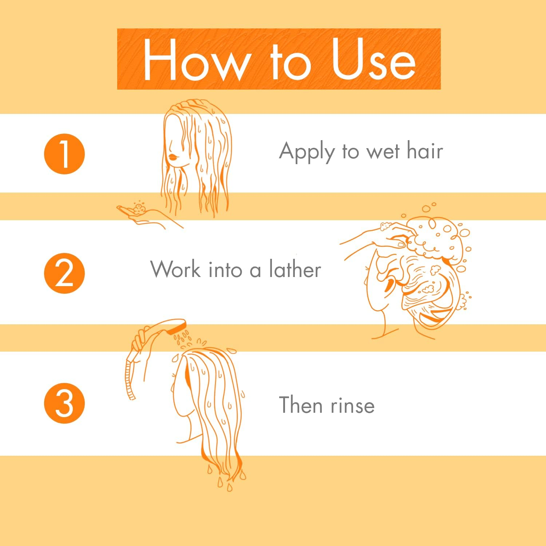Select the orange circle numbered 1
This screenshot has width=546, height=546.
click(64, 154)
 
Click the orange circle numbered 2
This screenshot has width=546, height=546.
click(64, 273)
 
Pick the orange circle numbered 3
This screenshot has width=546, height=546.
click(64, 403)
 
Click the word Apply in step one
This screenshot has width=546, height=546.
click(306, 152)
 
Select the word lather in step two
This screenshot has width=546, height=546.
click(295, 269)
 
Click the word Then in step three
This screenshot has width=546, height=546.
click(301, 405)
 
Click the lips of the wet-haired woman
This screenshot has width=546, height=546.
click(173, 157)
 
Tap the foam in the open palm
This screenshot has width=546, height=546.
click(139, 208)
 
